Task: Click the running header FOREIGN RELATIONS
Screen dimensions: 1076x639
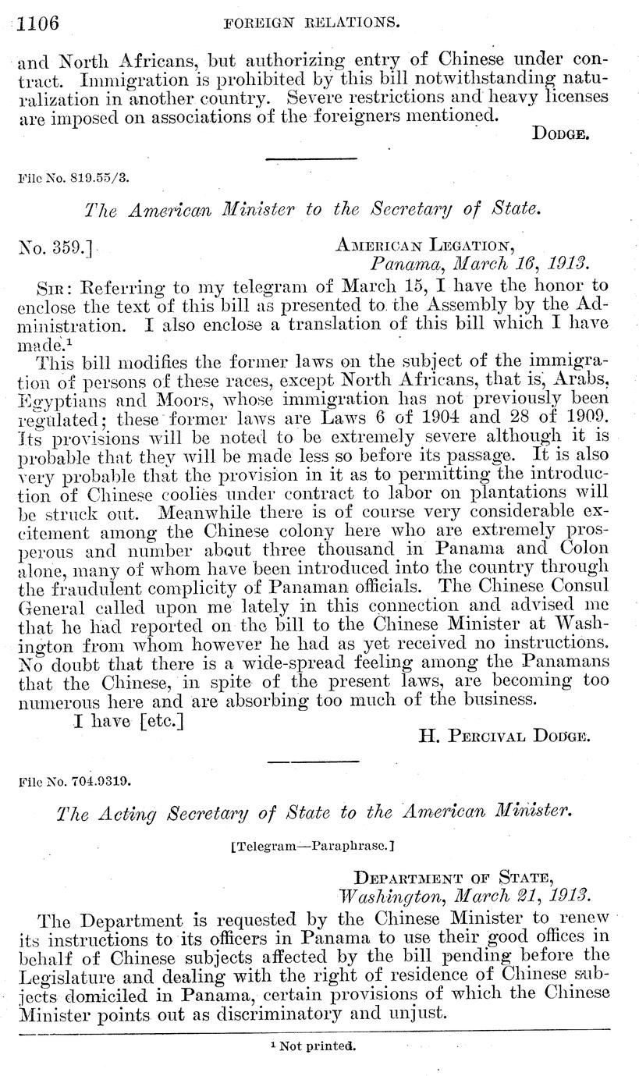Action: pos(312,23)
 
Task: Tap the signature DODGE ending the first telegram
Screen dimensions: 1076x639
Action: pos(559,133)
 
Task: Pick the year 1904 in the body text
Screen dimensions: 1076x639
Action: pos(435,416)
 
